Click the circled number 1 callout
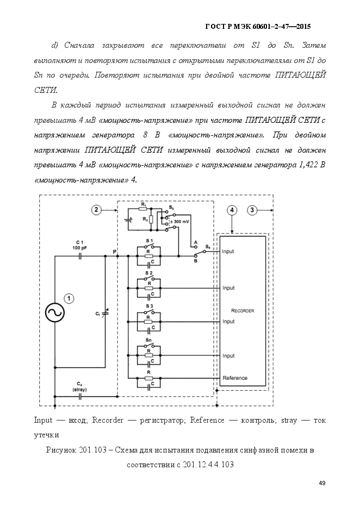[x=69, y=298]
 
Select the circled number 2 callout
[x=96, y=210]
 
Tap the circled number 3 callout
[x=252, y=210]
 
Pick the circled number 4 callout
[x=232, y=210]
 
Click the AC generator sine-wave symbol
[x=55, y=312]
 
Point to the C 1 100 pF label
[x=80, y=245]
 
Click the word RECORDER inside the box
[x=243, y=311]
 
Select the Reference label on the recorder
[x=235, y=378]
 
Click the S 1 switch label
[x=149, y=241]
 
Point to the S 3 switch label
[x=149, y=306]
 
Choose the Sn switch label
[x=149, y=340]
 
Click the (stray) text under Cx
[x=80, y=390]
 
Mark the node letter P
[x=115, y=252]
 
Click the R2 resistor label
[x=145, y=219]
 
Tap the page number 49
[x=322, y=483]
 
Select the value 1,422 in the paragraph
[x=307, y=165]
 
